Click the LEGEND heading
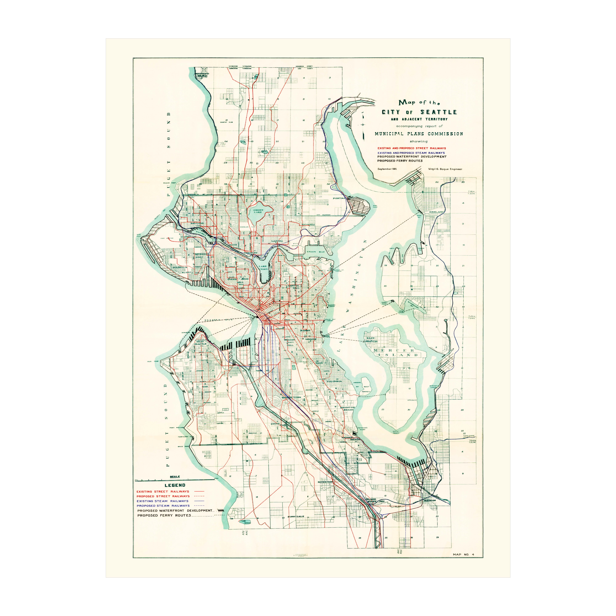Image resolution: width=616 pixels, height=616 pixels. click(175, 485)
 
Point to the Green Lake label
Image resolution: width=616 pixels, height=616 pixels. click(258, 211)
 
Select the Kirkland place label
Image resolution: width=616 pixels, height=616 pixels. click(436, 212)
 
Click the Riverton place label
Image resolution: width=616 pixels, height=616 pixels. click(325, 482)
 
